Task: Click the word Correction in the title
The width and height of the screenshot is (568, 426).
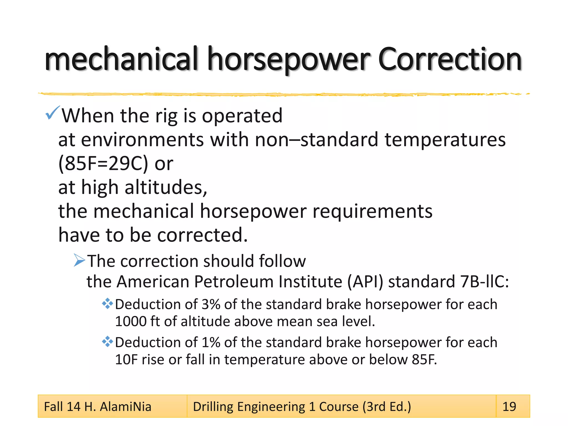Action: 450,60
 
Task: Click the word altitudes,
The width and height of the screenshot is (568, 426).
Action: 166,187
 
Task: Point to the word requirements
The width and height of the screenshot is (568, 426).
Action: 372,211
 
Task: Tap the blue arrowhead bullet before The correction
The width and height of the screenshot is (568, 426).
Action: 79,260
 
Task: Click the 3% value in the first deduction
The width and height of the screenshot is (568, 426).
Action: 211,304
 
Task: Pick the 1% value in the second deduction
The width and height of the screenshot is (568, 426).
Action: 211,342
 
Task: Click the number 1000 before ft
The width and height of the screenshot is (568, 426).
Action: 130,321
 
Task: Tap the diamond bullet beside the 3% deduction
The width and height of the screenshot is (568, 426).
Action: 107,304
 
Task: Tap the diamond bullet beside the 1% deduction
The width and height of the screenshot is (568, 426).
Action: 107,342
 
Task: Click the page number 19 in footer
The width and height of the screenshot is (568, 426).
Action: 509,407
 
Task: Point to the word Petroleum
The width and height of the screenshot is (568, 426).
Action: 234,282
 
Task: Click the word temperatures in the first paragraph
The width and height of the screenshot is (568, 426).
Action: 445,140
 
